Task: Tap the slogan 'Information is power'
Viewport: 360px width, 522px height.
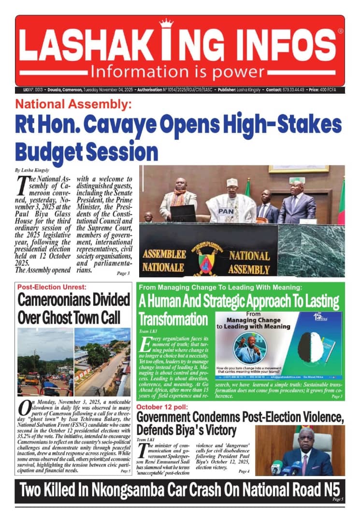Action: (x=181, y=72)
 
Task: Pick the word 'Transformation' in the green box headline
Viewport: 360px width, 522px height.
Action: (x=173, y=319)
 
